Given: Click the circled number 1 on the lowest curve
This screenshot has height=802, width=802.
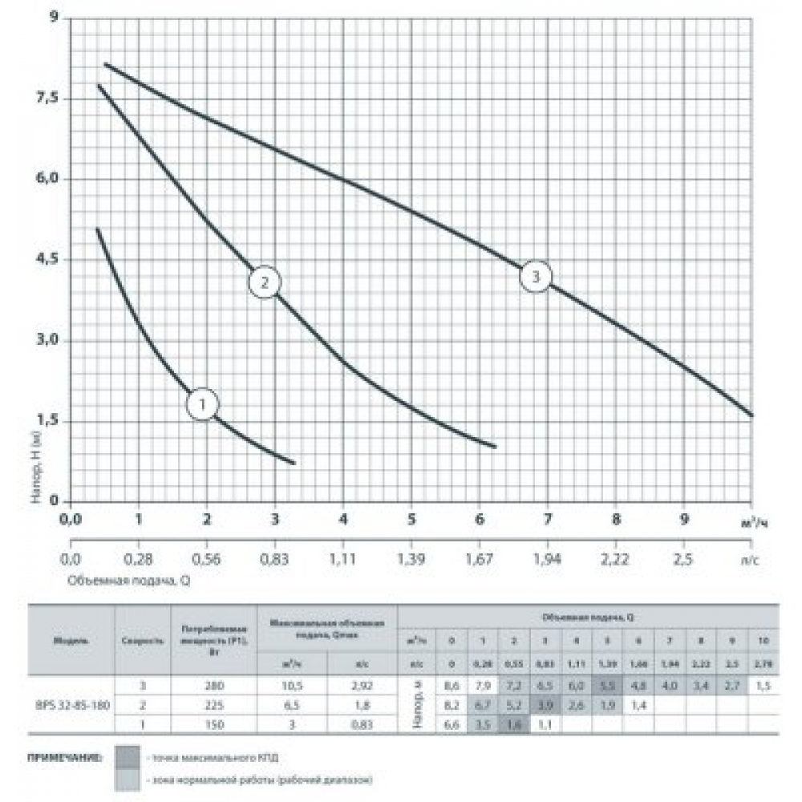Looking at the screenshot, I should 203,404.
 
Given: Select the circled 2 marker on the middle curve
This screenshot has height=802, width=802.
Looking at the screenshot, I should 265,282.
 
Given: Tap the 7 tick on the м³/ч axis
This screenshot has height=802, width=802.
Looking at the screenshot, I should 548,520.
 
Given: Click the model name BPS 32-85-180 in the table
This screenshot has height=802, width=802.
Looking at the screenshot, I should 71,704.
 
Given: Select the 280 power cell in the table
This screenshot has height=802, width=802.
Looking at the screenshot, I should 211,687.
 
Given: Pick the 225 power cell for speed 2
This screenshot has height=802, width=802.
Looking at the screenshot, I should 211,704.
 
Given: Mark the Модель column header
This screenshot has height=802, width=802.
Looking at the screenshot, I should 71,641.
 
